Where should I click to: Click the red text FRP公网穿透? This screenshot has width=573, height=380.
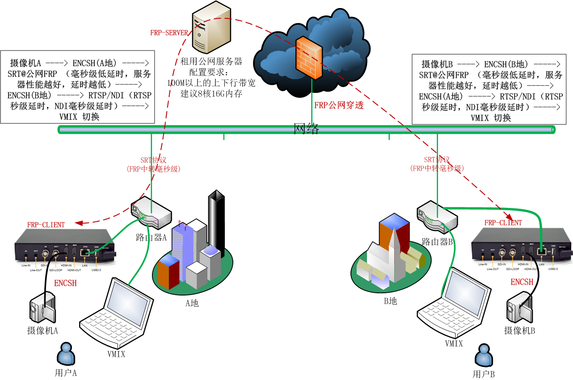(x=339, y=106)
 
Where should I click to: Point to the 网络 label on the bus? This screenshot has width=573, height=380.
(x=306, y=129)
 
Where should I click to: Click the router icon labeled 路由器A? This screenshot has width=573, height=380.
(x=151, y=213)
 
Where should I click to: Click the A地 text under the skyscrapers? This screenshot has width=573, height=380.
(x=192, y=303)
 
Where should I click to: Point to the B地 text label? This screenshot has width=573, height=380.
(x=390, y=301)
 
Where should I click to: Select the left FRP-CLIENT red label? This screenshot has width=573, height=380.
(x=46, y=225)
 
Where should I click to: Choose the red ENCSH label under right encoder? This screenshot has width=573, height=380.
(x=522, y=282)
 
